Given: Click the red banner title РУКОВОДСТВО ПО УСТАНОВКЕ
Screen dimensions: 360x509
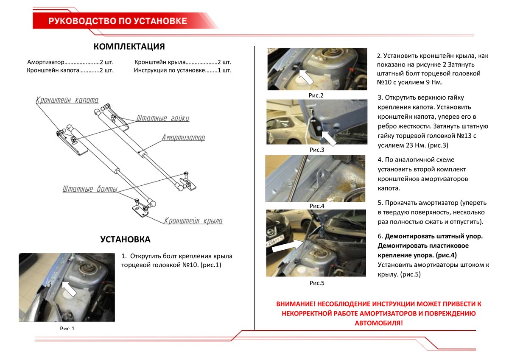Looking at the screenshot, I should click(x=118, y=21).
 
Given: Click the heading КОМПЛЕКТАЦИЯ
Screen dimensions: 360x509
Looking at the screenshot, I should click(x=129, y=47).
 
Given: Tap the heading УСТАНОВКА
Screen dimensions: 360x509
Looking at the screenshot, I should click(x=125, y=240).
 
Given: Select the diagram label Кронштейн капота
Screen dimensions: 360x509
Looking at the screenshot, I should click(x=67, y=100).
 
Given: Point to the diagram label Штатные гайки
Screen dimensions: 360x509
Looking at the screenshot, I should click(x=163, y=118).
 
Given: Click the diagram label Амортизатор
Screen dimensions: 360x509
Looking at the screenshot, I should click(x=183, y=138).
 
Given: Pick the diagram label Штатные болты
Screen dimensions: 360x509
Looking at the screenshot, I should click(x=89, y=189).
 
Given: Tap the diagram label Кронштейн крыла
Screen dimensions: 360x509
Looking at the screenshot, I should click(x=193, y=221).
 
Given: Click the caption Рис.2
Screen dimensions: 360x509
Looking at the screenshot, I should click(x=316, y=95).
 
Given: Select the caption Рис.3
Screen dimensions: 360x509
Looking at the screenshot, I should click(x=316, y=150).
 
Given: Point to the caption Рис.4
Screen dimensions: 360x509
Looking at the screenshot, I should click(x=316, y=206).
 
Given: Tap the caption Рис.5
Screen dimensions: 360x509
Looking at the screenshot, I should click(x=316, y=282).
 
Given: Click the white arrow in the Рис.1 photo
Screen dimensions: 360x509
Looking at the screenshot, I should click(x=70, y=288).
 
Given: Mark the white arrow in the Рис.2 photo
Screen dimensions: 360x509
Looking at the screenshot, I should click(x=306, y=77).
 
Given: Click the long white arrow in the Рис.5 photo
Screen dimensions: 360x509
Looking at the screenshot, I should click(x=287, y=246).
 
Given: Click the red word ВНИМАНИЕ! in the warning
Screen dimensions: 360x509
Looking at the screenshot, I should click(x=296, y=304).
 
